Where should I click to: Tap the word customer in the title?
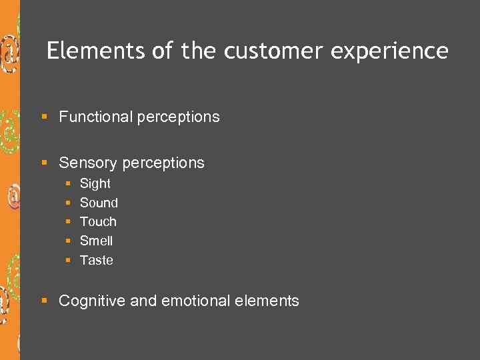pos(272,51)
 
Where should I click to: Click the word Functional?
pos(95,117)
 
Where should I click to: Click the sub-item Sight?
pos(95,183)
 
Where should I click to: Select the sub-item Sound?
pos(99,203)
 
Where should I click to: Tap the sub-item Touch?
pos(98,221)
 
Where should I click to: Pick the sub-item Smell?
pos(96,241)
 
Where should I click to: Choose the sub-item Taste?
pos(96,260)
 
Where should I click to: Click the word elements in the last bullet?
pos(267,301)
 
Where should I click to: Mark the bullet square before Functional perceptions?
pos(45,117)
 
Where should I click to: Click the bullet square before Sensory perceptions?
pos(45,163)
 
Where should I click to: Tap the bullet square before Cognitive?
pos(45,301)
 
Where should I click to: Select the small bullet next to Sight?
pos(68,183)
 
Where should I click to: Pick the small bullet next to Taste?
pos(68,260)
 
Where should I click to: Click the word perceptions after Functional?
pos(178,117)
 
